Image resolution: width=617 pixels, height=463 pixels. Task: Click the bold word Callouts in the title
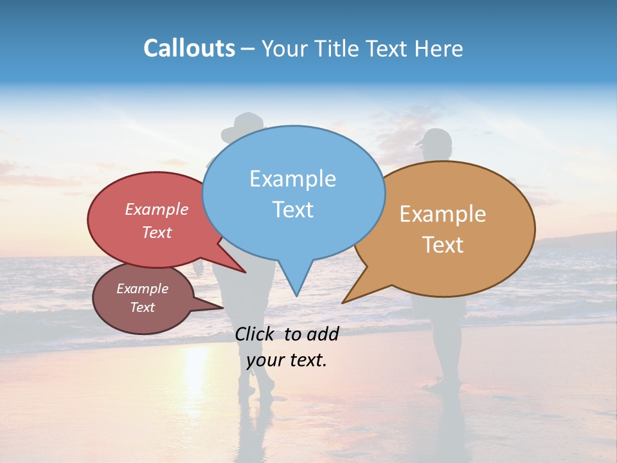189,48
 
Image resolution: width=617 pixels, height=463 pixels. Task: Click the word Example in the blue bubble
292,179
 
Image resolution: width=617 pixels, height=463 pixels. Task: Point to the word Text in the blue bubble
292,210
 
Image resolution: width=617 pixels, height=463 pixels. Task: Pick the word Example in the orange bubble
443,214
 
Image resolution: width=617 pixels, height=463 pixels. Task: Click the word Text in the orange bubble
443,245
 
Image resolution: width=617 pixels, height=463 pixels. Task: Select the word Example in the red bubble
157,210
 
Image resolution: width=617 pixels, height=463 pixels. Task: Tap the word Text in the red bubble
157,232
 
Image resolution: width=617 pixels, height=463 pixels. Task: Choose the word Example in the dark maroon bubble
142,289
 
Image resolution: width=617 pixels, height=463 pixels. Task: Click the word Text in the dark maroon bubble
142,307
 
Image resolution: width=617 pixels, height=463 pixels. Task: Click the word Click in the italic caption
255,334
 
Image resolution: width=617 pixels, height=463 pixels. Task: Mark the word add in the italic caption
323,334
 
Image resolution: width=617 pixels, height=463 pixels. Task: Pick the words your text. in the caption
287,360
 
